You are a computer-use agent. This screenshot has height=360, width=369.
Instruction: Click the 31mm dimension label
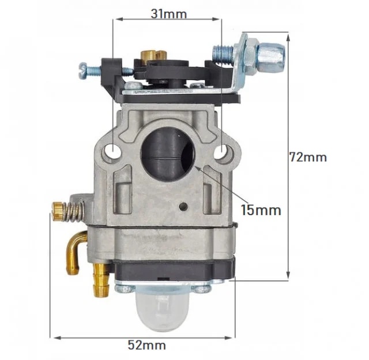[167, 14]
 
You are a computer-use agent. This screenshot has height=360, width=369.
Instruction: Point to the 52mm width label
[146, 345]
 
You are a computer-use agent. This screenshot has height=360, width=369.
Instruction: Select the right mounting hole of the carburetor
[224, 153]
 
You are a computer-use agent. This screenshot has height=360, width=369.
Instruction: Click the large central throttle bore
[168, 153]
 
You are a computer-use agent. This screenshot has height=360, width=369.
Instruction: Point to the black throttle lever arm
[173, 72]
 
